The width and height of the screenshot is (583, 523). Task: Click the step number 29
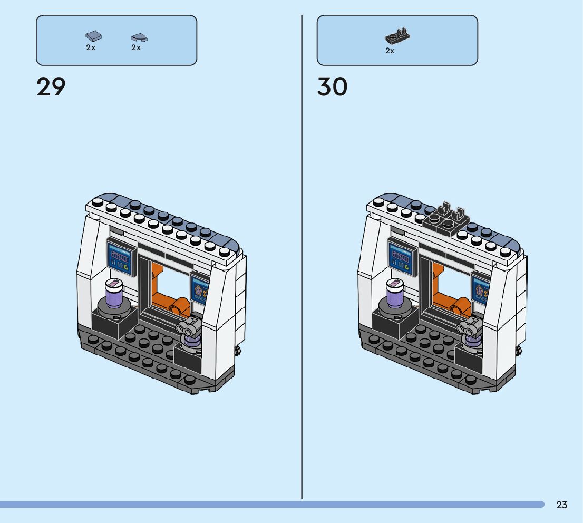coord(51,87)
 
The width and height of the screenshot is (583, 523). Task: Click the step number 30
coord(332,87)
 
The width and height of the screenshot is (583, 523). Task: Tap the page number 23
coord(562,505)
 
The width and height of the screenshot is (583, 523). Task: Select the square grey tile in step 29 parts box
coord(93,36)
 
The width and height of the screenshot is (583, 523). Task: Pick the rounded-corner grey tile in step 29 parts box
coord(139,37)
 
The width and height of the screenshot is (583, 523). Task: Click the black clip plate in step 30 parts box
coord(397,36)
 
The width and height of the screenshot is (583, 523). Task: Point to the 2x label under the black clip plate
coord(390,51)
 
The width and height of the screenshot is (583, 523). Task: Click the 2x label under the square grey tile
coord(91,47)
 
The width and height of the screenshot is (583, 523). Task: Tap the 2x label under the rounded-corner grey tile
coord(136,47)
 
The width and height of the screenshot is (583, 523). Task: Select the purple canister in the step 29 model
coord(113,294)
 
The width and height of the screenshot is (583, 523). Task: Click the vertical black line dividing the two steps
coord(302,264)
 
